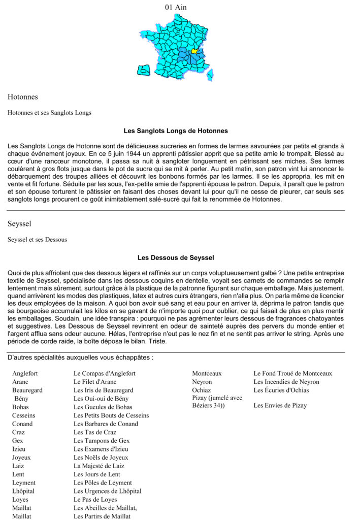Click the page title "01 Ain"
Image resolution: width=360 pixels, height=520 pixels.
(x=176, y=7)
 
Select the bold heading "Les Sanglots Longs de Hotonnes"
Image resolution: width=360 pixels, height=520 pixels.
(x=176, y=131)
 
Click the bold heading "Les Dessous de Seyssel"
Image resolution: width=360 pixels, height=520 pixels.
(x=176, y=257)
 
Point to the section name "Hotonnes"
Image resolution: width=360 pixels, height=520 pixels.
(x=23, y=96)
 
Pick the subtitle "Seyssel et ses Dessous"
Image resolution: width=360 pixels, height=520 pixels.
(x=37, y=239)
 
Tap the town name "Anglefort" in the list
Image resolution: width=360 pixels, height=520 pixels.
(x=25, y=373)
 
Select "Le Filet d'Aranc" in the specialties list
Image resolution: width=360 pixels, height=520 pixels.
(x=95, y=382)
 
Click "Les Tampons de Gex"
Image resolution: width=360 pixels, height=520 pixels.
(x=102, y=441)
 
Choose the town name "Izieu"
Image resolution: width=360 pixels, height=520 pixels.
(x=20, y=449)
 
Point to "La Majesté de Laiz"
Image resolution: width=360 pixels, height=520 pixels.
(x=99, y=466)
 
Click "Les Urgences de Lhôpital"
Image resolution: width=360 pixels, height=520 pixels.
(x=108, y=491)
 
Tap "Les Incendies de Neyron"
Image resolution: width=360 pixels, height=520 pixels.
(x=286, y=382)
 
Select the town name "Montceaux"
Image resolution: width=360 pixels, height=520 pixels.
(x=207, y=373)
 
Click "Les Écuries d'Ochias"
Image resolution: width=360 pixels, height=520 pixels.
(x=281, y=390)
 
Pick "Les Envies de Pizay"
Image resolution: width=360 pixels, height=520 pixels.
(x=280, y=405)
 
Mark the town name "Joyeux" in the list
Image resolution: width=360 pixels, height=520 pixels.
(x=22, y=458)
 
